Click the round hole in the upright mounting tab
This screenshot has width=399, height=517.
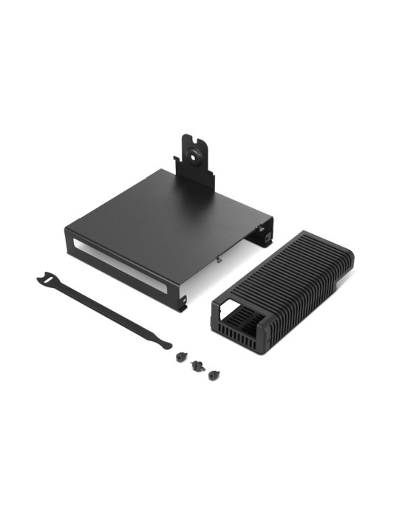(195, 154)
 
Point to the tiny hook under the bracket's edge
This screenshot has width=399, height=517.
(220, 259)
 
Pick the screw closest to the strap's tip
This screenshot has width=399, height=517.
(181, 356)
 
